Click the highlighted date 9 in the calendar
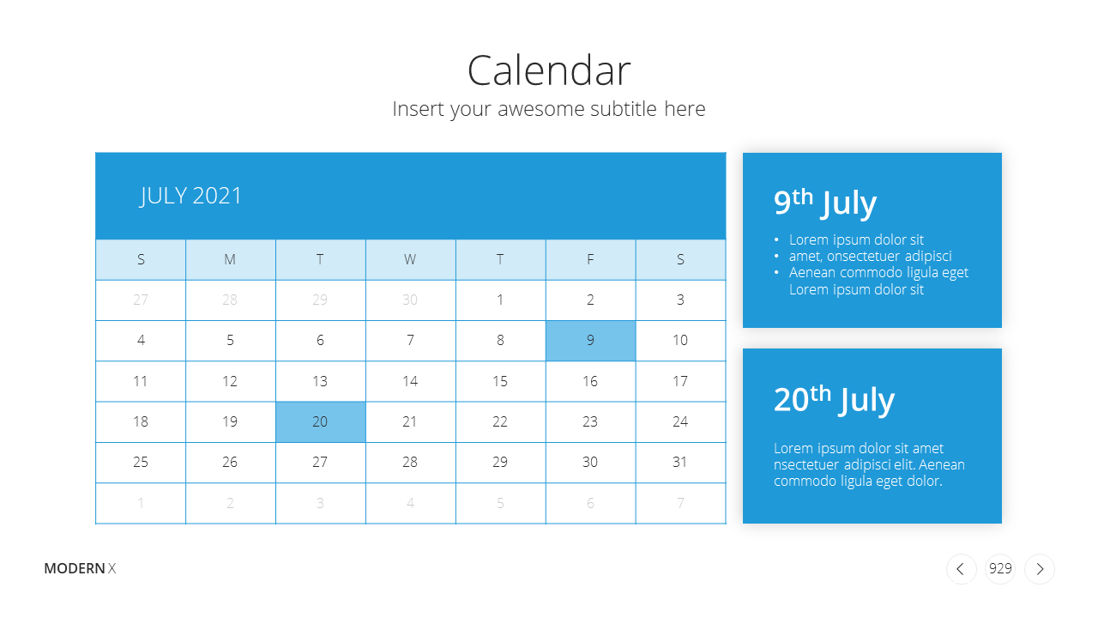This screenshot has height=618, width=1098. tap(590, 341)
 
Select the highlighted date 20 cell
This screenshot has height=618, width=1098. tap(320, 421)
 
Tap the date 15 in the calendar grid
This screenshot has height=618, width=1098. tap(500, 381)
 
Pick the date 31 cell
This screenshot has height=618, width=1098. tap(680, 462)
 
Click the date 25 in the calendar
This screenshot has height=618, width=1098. tap(141, 462)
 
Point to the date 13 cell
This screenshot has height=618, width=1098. tap(320, 381)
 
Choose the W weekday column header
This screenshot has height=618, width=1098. tap(410, 259)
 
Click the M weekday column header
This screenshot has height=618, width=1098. tap(230, 259)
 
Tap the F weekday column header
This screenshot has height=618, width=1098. tap(590, 259)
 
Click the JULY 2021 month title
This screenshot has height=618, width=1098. tap(190, 197)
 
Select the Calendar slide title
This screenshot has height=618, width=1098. tap(549, 70)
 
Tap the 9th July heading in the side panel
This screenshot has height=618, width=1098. tap(825, 202)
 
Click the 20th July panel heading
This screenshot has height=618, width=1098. tap(835, 399)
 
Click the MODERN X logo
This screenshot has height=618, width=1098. tap(80, 568)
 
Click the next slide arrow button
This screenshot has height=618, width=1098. tap(1040, 569)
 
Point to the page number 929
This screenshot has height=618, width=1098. tap(1000, 568)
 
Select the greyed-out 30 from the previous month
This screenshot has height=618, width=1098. tap(410, 300)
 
